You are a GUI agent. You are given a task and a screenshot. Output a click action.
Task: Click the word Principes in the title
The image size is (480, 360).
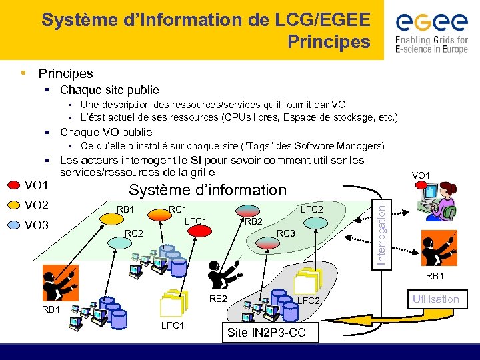(x=329, y=42)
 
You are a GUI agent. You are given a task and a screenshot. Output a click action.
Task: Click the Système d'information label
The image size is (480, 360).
(x=207, y=190)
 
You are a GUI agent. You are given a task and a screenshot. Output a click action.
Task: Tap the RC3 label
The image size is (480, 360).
(x=286, y=234)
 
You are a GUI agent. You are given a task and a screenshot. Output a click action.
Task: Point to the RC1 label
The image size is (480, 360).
(x=177, y=209)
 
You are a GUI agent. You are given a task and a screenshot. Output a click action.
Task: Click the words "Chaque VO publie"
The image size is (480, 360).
(x=106, y=132)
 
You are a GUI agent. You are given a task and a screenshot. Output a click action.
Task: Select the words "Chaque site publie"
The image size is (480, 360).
(x=109, y=90)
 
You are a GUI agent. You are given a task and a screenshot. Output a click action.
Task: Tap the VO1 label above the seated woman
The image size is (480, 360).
(x=421, y=175)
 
